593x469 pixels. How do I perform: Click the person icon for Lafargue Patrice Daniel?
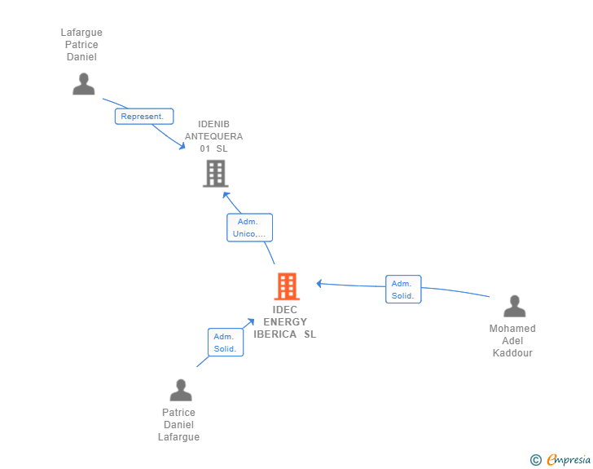click(83, 84)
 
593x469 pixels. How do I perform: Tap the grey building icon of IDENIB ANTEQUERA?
click(215, 173)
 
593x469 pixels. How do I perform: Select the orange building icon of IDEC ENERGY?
click(286, 286)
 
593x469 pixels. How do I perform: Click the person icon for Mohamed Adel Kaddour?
click(514, 307)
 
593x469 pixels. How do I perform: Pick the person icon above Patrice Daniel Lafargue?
click(180, 390)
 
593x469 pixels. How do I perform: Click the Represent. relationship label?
click(143, 117)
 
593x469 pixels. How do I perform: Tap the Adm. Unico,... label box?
click(249, 228)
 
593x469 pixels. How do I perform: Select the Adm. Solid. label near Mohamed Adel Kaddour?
click(403, 290)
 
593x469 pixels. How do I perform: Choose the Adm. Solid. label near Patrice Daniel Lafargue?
click(226, 343)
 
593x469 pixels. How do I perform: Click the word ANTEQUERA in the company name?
click(214, 136)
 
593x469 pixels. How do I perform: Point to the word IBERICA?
click(275, 334)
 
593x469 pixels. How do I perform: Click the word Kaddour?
click(512, 353)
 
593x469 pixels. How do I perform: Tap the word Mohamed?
click(512, 329)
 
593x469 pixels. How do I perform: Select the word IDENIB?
click(214, 124)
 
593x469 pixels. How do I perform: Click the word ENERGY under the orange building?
click(285, 322)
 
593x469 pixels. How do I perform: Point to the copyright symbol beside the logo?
click(535, 460)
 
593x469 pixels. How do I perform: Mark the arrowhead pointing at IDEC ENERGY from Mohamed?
click(319, 283)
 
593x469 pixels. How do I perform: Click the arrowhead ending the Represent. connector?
click(182, 148)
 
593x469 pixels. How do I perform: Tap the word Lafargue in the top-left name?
click(81, 33)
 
